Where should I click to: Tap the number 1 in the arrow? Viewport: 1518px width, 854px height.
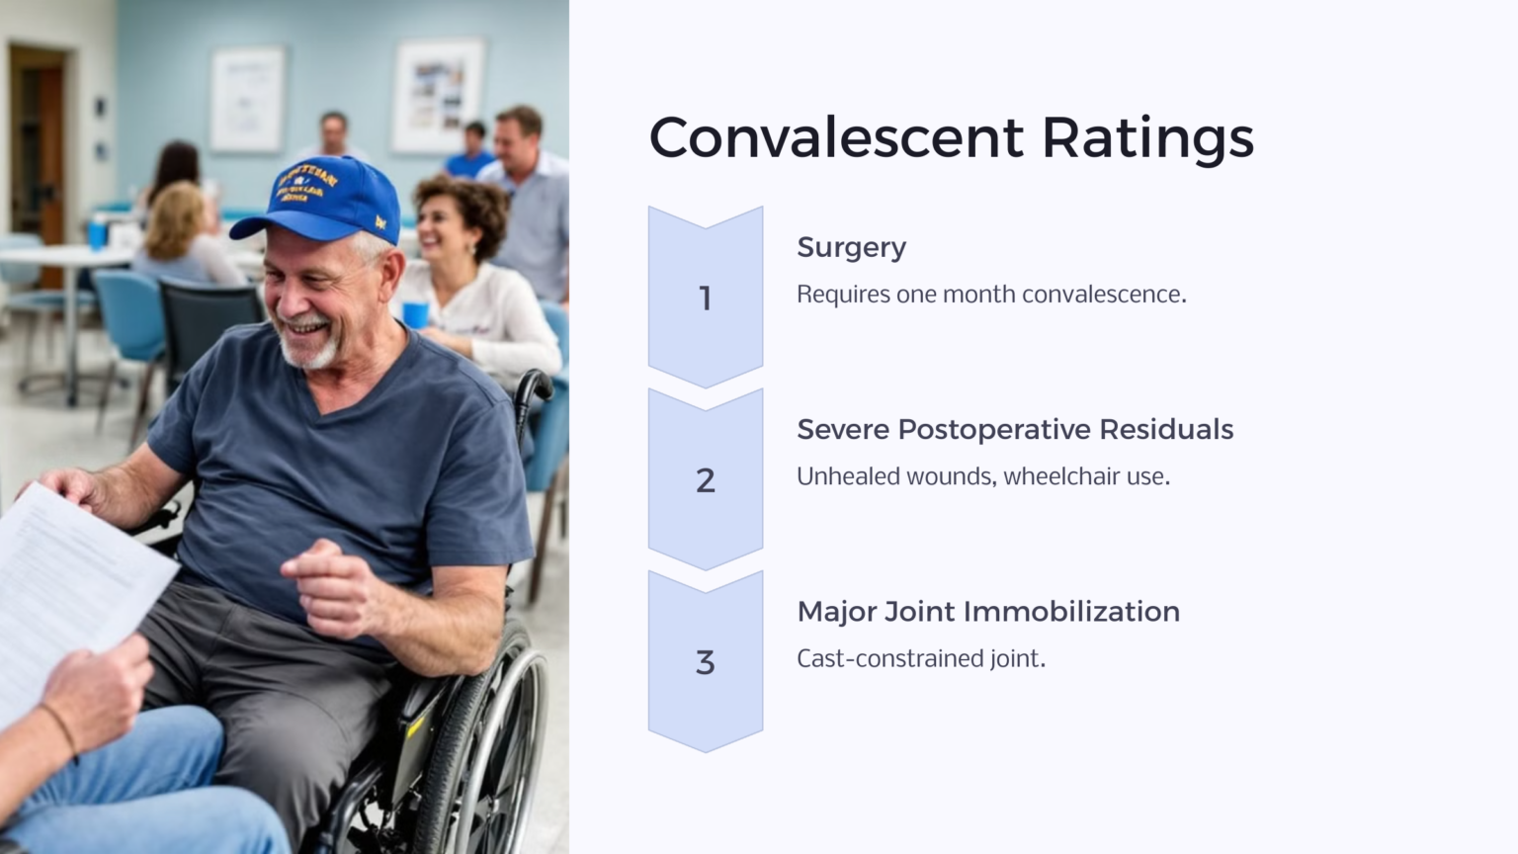(705, 298)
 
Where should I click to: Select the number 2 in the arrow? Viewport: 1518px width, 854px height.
(705, 480)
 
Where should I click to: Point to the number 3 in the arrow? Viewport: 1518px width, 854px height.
(705, 662)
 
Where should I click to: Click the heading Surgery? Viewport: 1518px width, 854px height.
(851, 247)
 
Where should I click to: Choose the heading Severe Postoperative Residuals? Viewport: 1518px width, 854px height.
(1014, 429)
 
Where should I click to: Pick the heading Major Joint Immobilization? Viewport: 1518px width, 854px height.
(987, 611)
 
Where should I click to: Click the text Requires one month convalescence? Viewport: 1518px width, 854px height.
(990, 295)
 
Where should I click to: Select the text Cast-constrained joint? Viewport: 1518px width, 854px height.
(920, 658)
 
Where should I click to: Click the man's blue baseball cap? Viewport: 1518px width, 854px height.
(322, 198)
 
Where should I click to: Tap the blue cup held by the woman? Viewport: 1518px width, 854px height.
(416, 314)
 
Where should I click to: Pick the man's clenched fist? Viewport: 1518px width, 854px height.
(326, 583)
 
